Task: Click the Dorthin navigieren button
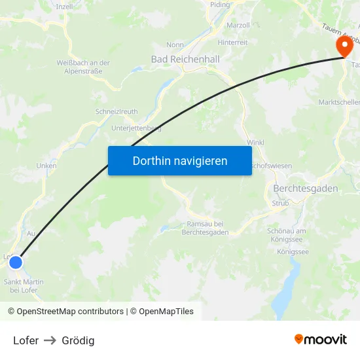pos(180,160)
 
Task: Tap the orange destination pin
pos(343,46)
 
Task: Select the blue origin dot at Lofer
pos(15,262)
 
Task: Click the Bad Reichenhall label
pos(185,59)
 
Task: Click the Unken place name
pos(46,166)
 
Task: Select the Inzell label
pos(64,7)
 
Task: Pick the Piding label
pos(220,5)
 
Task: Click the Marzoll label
pos(238,25)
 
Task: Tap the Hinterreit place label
pos(232,42)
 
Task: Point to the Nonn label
pos(175,45)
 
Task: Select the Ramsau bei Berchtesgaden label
pos(205,228)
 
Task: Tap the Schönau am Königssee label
pos(287,235)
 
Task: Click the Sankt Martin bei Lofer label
pos(24,285)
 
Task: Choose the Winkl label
pos(255,142)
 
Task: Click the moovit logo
pos(320,340)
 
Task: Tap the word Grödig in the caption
pos(78,340)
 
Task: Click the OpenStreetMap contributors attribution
pos(67,312)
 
